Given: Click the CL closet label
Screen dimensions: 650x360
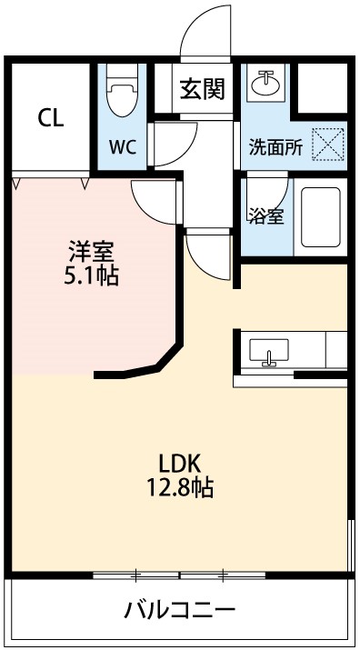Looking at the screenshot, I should pos(50,119).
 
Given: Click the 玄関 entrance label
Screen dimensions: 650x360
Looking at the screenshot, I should pos(202,89).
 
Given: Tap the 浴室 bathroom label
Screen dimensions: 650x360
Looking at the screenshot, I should pos(265,216).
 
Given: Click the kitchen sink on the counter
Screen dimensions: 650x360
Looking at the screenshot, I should pos(268,351).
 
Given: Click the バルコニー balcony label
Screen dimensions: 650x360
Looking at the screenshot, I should pos(180,609).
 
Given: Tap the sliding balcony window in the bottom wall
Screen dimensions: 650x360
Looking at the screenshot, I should pos(180,575).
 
